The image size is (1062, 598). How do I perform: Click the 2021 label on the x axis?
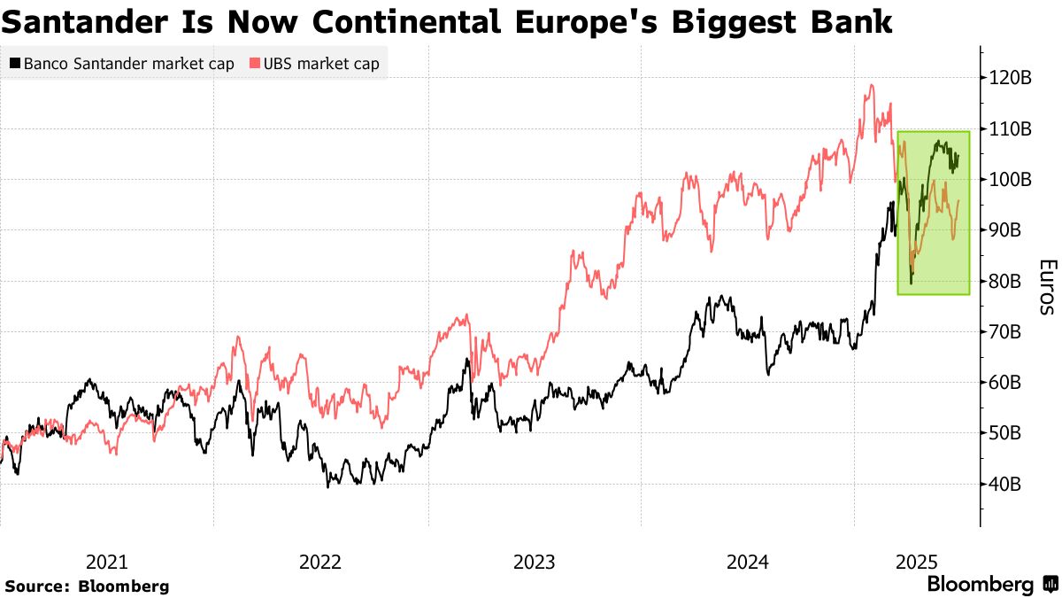[106, 562]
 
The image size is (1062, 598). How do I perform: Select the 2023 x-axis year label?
[534, 562]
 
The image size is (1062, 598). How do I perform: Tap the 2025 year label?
[916, 562]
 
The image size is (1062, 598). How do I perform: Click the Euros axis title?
[1047, 287]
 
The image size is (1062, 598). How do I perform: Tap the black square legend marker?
[15, 64]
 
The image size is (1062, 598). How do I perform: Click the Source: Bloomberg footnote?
[87, 586]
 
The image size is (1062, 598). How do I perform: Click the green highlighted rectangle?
[933, 213]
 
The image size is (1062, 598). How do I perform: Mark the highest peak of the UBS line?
[872, 85]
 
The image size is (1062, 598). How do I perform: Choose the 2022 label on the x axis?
[320, 562]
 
